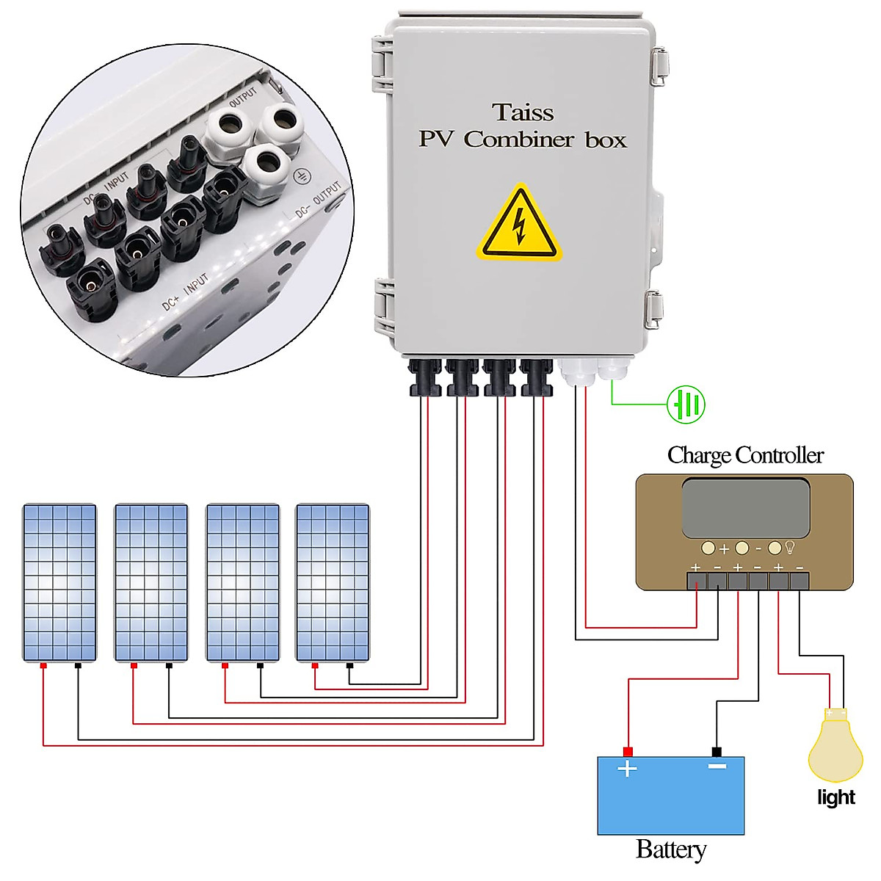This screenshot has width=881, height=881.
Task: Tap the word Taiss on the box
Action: pos(523,112)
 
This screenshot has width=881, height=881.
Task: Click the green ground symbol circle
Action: pos(686,404)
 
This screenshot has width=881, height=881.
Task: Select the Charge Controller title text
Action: pos(745,455)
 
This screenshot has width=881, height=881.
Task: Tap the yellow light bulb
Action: pos(835,747)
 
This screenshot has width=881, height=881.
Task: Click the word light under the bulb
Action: pos(835,797)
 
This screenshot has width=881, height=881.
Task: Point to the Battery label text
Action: pos(671,849)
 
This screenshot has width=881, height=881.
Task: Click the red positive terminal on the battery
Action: pos(628,752)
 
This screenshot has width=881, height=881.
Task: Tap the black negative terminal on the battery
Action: pos(717,752)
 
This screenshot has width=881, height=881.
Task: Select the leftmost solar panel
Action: pos(59,582)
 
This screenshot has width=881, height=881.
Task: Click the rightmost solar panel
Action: pos(333,582)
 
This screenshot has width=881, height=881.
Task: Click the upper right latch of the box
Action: pos(659,65)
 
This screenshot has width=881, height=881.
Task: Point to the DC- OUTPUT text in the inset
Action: pos(318,200)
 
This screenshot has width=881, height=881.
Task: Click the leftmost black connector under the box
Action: pos(424,377)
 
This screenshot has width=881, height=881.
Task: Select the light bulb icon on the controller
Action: pos(791,547)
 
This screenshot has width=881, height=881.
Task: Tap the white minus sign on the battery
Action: pos(717,766)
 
